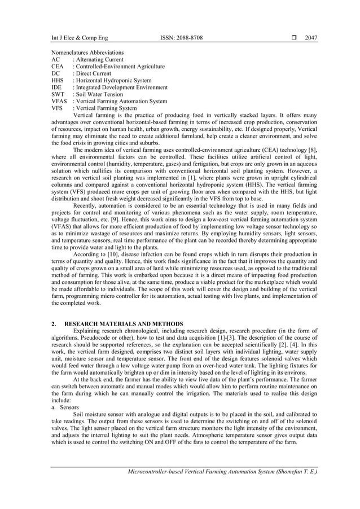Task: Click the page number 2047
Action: coord(311,38)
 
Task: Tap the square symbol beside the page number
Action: coord(294,38)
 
